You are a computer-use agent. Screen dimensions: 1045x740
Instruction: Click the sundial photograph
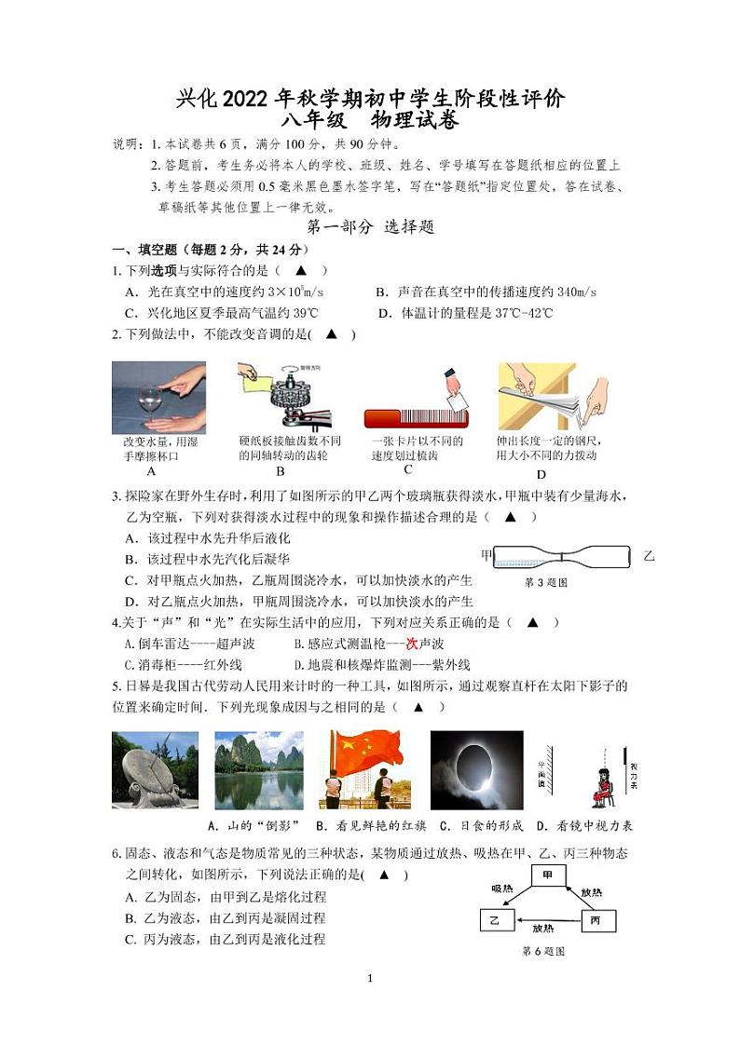[x=154, y=769]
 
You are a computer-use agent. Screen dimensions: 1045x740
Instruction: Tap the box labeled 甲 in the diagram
[x=548, y=875]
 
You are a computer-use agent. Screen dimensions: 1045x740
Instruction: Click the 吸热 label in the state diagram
[x=501, y=889]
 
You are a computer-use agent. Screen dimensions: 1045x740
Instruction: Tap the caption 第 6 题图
[x=543, y=951]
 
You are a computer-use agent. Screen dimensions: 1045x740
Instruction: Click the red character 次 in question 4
[x=411, y=644]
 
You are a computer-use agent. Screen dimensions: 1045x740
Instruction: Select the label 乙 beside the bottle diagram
[x=649, y=556]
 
